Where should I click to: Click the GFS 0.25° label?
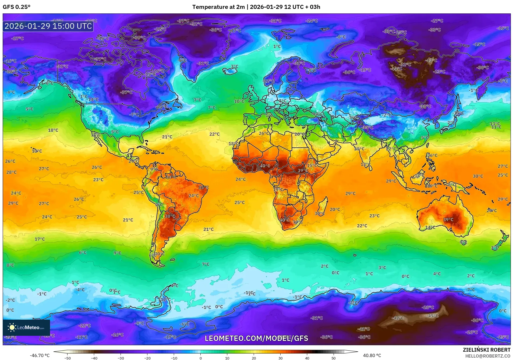(16, 7)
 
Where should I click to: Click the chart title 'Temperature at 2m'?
(218, 7)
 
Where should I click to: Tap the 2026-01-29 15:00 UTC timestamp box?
(48, 26)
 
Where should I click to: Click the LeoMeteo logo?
(26, 327)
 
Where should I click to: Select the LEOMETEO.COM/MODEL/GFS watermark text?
(256, 338)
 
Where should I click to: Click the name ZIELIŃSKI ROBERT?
(486, 350)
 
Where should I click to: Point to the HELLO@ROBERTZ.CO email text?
(488, 356)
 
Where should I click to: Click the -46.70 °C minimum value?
(40, 355)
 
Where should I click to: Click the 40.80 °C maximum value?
(372, 355)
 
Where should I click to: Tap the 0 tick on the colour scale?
(200, 358)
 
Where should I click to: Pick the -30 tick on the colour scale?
(121, 358)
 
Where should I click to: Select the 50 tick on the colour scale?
(334, 358)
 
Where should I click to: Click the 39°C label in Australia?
(448, 220)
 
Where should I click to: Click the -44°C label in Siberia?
(397, 69)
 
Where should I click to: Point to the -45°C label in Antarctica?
(432, 316)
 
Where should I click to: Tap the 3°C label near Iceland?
(234, 66)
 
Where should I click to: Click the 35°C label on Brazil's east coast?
(203, 188)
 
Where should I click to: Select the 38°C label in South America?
(170, 216)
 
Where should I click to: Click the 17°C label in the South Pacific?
(40, 239)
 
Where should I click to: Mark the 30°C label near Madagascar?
(320, 213)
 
